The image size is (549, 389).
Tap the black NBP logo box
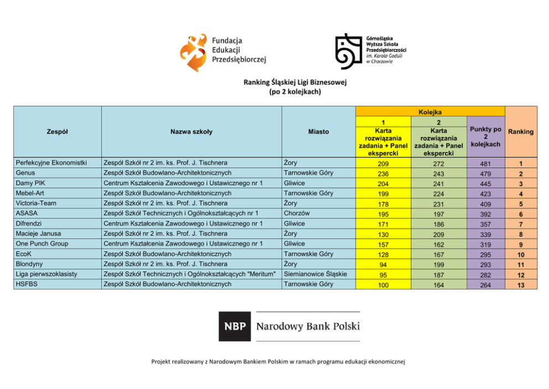(235, 326)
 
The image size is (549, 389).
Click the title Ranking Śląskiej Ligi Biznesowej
(294, 83)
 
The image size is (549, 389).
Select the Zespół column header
(58, 131)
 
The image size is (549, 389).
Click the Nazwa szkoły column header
(191, 131)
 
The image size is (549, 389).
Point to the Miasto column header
(318, 131)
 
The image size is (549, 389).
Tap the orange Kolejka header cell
(430, 112)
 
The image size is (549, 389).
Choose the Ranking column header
(521, 132)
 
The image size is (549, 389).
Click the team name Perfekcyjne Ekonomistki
(51, 163)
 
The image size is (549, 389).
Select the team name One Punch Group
(42, 243)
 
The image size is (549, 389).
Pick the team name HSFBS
(27, 284)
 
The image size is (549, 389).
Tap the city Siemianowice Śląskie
(315, 274)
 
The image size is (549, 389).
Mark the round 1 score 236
(383, 174)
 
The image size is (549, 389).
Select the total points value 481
(485, 164)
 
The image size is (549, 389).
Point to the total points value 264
(485, 285)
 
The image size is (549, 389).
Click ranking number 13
(521, 285)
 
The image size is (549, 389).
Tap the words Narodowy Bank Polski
(307, 326)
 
